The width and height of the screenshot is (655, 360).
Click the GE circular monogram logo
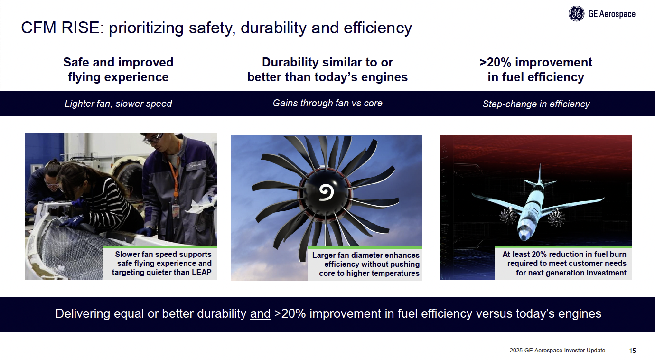(576, 14)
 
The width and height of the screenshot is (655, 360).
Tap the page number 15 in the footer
(633, 351)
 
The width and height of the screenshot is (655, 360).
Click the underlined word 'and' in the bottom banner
(260, 313)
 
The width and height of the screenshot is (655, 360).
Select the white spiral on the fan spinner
(326, 192)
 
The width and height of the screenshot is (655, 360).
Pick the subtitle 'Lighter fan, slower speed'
(118, 104)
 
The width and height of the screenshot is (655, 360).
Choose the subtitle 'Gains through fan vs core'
(327, 103)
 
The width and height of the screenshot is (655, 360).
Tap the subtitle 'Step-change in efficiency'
(536, 104)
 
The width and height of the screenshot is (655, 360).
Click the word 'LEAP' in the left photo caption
(201, 272)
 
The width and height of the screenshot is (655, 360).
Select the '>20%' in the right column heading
(496, 62)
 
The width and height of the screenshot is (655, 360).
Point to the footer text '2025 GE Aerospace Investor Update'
(557, 351)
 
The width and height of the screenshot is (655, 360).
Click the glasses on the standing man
(153, 139)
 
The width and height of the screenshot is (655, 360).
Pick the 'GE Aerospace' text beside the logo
(612, 14)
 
